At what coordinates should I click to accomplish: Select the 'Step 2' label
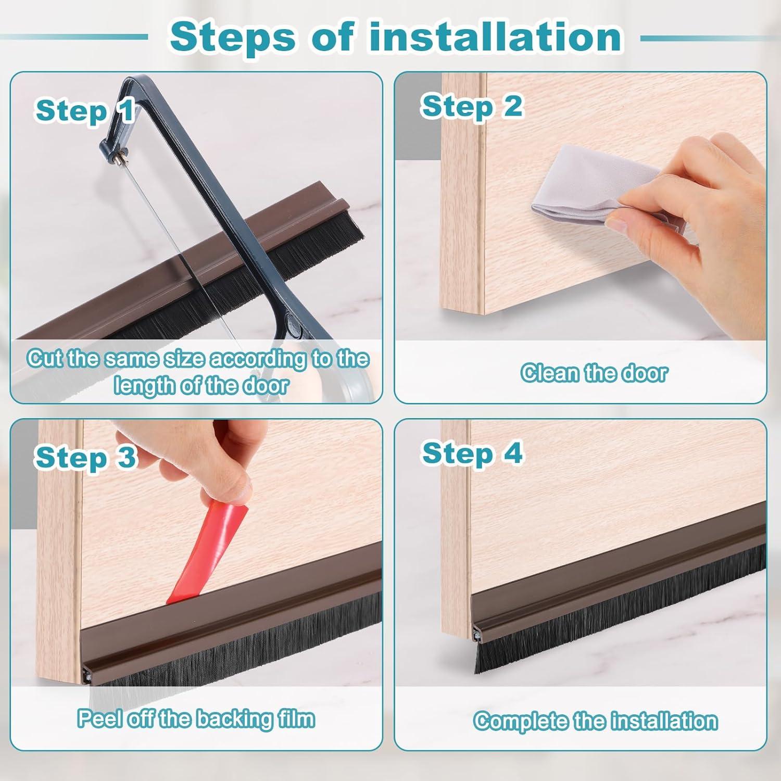click(x=471, y=106)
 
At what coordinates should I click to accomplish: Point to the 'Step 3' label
click(x=85, y=458)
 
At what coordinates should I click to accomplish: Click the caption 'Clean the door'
click(x=594, y=373)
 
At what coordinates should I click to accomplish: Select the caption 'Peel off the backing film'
click(x=196, y=719)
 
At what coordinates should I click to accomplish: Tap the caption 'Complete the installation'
click(x=596, y=721)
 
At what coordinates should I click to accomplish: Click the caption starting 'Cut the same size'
click(x=198, y=372)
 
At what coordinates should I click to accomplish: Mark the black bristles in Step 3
click(x=234, y=646)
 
